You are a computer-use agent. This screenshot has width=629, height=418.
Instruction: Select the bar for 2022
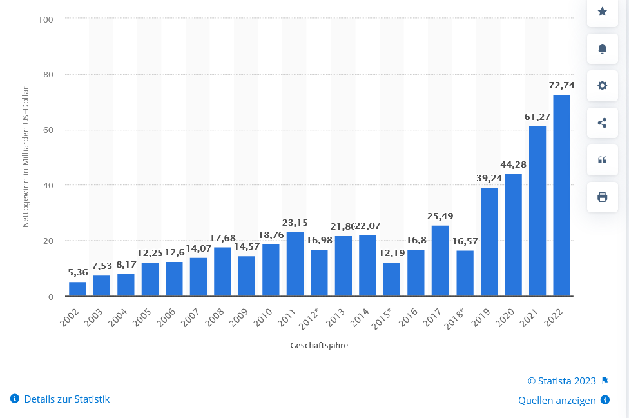coord(561,195)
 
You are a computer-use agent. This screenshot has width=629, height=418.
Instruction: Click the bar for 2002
coord(77,289)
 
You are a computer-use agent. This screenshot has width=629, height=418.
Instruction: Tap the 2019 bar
coord(489,242)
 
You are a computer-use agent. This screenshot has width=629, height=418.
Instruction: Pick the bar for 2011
coord(295,264)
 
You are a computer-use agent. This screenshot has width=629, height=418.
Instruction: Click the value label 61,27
coord(537,117)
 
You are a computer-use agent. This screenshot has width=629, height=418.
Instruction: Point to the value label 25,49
coord(440,216)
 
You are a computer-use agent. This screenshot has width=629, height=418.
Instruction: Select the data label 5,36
coord(77,272)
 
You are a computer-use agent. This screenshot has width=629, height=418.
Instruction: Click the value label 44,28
coord(513,164)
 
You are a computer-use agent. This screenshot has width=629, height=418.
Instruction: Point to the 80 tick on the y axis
coord(48,75)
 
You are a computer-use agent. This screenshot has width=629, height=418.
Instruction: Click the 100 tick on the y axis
coord(45,19)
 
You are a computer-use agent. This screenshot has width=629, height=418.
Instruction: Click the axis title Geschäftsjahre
coord(319,346)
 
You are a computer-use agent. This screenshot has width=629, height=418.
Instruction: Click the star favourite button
coord(603,12)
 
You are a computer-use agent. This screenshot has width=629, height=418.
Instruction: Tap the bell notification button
coord(603,48)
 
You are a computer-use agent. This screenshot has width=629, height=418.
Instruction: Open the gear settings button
coord(603,86)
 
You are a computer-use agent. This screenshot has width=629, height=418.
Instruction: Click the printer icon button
coord(603,197)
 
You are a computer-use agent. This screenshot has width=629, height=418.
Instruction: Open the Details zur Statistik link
coord(66,399)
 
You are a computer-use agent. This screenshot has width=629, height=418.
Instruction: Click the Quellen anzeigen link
coord(557,401)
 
